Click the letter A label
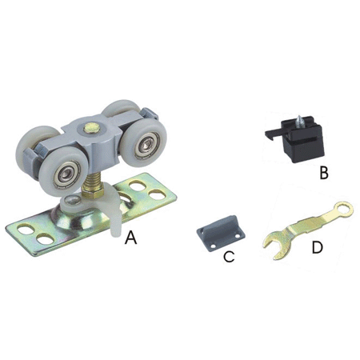[131, 238]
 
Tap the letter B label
[324, 172]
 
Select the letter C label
[229, 256]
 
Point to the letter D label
[317, 247]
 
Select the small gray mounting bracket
[221, 232]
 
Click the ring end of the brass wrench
[344, 210]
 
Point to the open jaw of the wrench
[274, 244]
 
